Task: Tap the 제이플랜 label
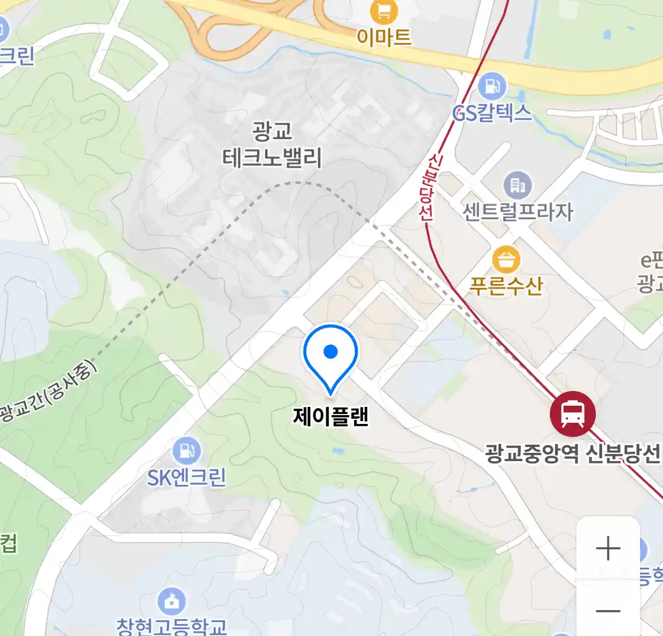(x=331, y=416)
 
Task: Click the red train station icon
(x=572, y=413)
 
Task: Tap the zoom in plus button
(x=608, y=549)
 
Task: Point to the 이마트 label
(x=384, y=37)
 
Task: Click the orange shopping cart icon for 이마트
(x=384, y=11)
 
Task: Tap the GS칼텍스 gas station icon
(x=492, y=87)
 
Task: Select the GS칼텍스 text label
(x=492, y=112)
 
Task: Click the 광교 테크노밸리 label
(x=272, y=144)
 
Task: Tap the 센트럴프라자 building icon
(x=517, y=185)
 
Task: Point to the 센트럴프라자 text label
(x=517, y=211)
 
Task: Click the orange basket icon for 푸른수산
(x=506, y=260)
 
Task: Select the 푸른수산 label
(x=506, y=286)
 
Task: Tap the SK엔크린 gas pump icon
(x=187, y=452)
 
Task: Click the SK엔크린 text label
(x=187, y=477)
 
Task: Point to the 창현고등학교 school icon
(x=171, y=601)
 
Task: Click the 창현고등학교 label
(x=171, y=626)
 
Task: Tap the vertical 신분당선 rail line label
(x=427, y=187)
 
